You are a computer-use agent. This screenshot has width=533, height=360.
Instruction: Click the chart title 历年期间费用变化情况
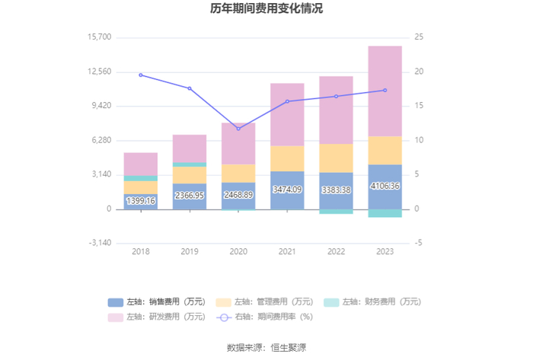coord(266,10)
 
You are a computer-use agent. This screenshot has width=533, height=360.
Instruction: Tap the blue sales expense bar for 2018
coord(141,201)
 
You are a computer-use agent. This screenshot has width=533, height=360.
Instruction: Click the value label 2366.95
coord(190,196)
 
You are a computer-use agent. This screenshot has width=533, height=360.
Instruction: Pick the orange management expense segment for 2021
coord(287,158)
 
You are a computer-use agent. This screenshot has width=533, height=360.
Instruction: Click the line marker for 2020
coord(238,129)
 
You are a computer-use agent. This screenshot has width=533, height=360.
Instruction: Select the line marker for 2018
coord(141,75)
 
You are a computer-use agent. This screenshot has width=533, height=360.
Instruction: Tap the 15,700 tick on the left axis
coord(101,37)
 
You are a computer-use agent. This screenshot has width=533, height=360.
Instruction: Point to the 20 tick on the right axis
coord(419,72)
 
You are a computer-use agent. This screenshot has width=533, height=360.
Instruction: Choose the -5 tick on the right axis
coord(419,244)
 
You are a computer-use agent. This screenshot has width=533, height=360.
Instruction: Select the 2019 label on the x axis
coord(190,252)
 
